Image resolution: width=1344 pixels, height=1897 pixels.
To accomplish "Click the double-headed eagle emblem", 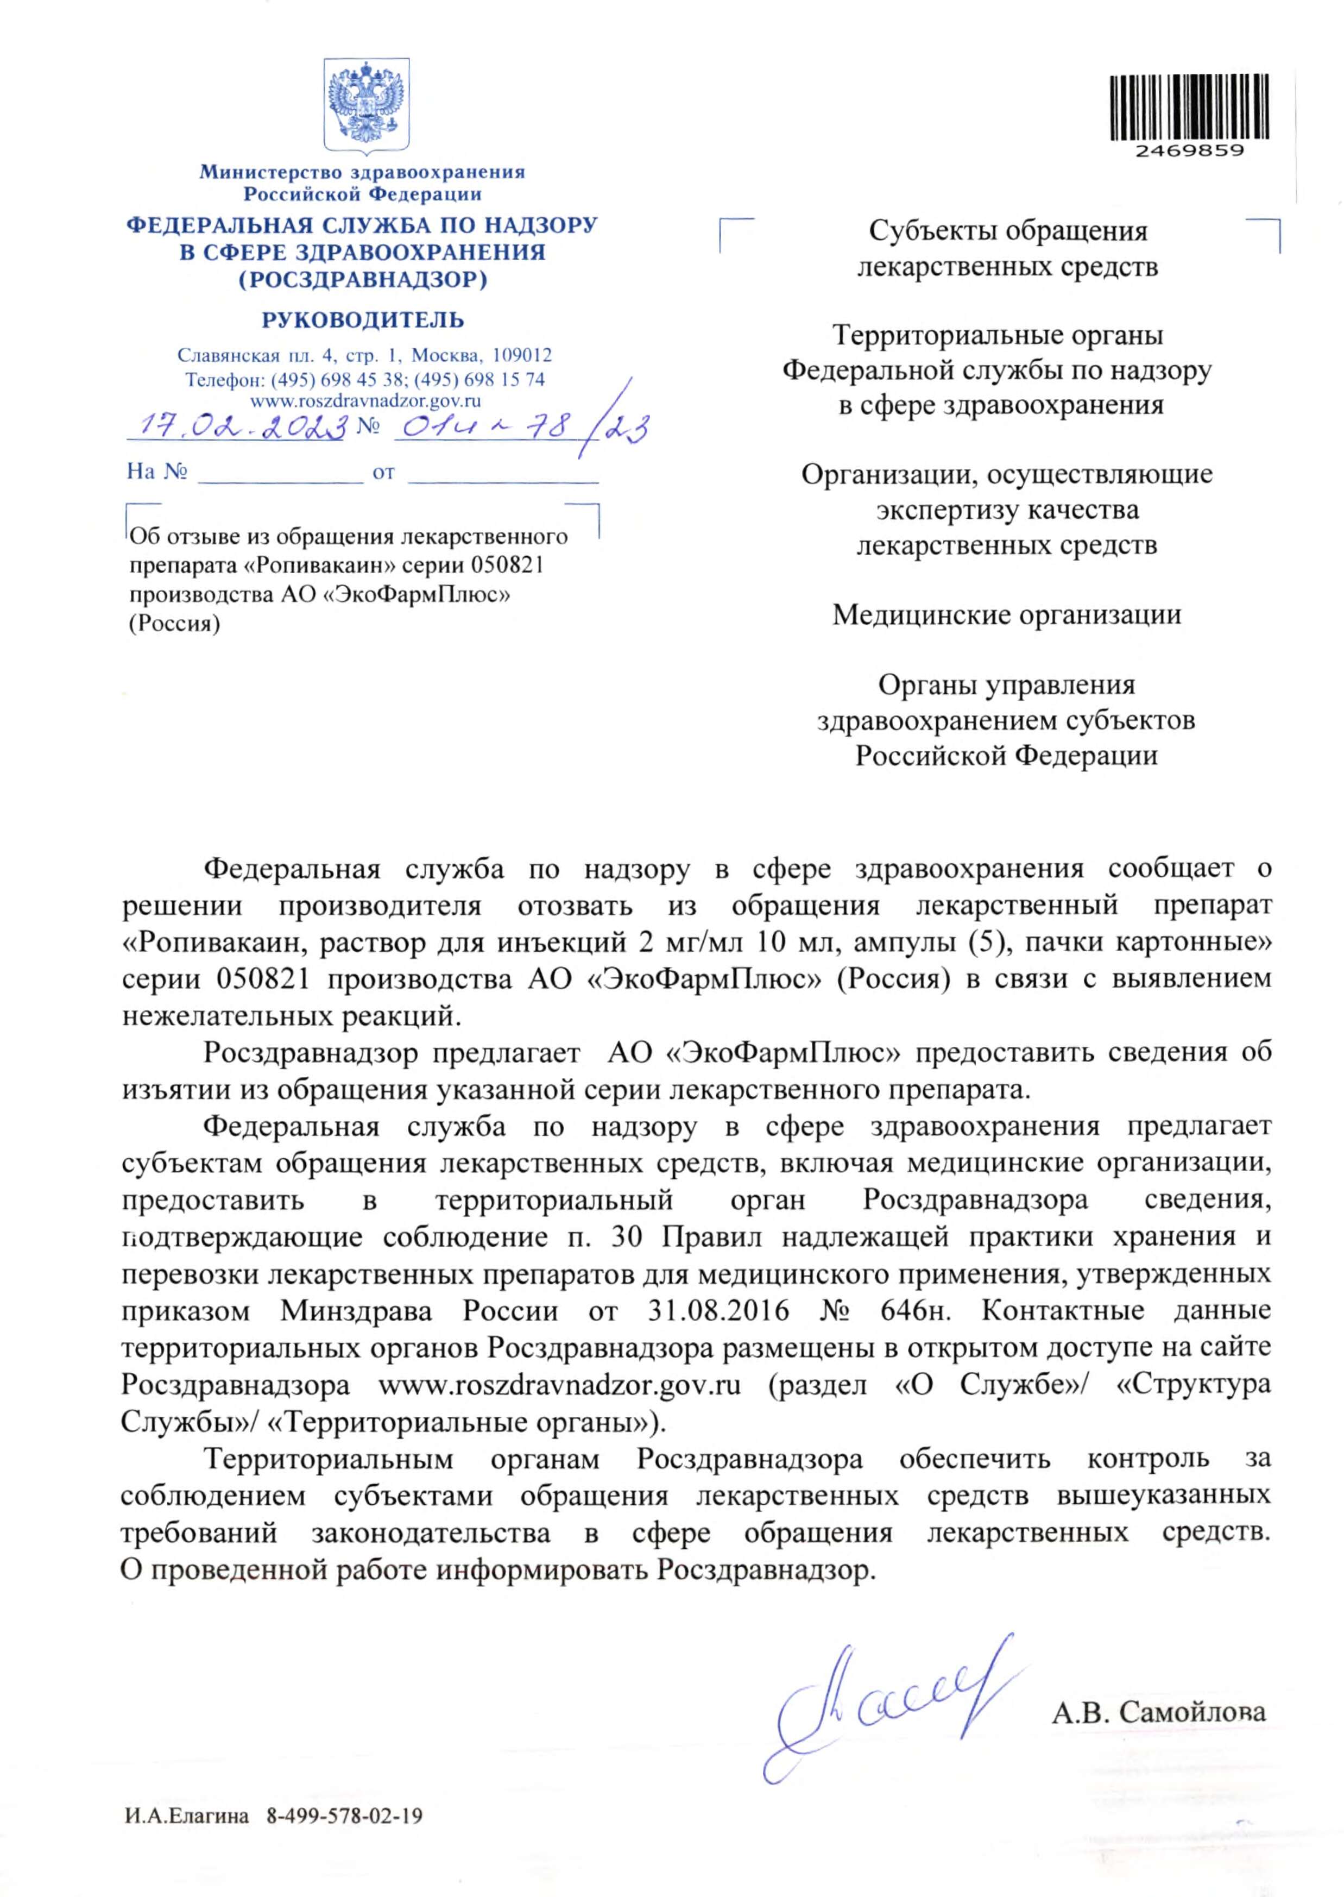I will point(366,103).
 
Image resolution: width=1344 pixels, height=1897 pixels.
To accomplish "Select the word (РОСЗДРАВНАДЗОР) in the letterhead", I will point(363,280).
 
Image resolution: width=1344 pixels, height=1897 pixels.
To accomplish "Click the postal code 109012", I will point(521,356).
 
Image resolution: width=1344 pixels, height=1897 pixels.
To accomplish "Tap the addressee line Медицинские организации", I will point(1006,615).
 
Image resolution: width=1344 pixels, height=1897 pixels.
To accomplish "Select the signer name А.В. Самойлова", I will point(1159,1712).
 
